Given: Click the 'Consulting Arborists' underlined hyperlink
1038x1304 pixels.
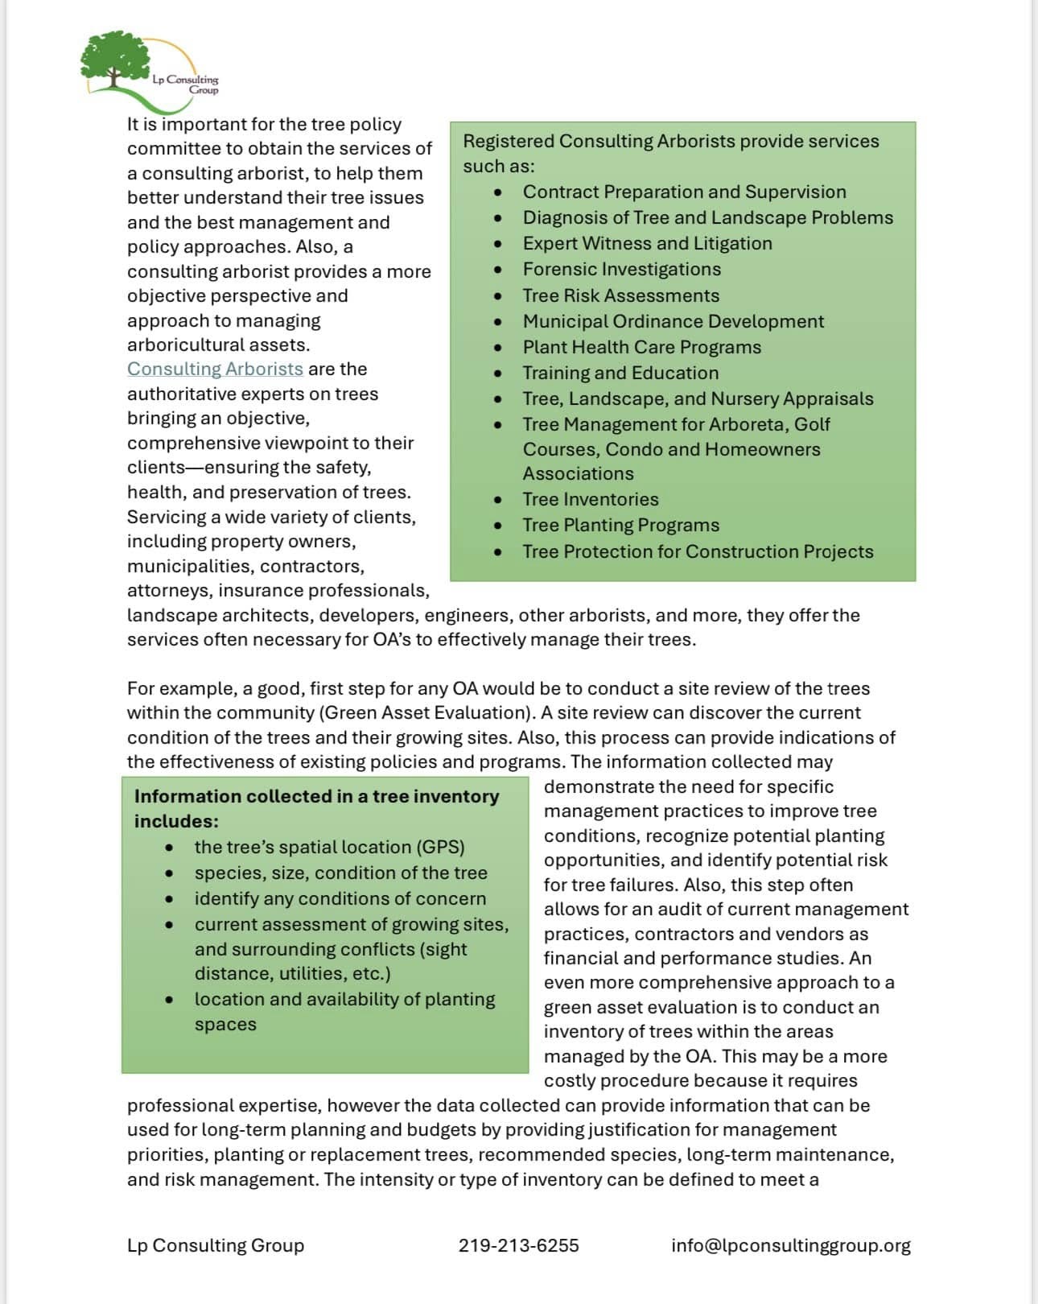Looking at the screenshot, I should (215, 369).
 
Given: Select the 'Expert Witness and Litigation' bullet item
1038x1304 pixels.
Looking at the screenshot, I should (647, 243).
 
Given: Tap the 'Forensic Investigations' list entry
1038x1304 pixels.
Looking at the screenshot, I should (621, 269).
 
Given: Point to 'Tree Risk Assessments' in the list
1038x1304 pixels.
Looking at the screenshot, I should (620, 295).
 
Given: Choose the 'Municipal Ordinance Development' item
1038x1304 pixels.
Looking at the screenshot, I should (673, 321).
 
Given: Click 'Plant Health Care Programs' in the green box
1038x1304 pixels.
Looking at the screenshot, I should (641, 347).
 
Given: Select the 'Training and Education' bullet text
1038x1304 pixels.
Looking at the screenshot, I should (620, 373).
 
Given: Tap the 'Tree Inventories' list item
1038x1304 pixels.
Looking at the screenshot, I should (590, 499).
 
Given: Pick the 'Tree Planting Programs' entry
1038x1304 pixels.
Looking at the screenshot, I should (620, 525).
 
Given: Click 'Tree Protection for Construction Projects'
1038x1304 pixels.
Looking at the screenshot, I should (698, 551).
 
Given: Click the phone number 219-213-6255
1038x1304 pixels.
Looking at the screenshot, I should (518, 1245).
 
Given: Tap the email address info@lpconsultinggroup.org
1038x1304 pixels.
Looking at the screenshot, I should (790, 1245).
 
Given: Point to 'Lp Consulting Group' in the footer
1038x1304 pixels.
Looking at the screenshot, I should (216, 1245).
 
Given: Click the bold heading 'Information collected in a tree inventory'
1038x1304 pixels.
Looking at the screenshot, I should (316, 796).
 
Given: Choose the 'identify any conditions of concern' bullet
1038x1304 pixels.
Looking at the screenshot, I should (340, 898).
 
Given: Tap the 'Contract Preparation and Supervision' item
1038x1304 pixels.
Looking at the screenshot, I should (684, 192).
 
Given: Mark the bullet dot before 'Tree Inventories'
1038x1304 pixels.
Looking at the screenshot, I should (499, 500).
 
